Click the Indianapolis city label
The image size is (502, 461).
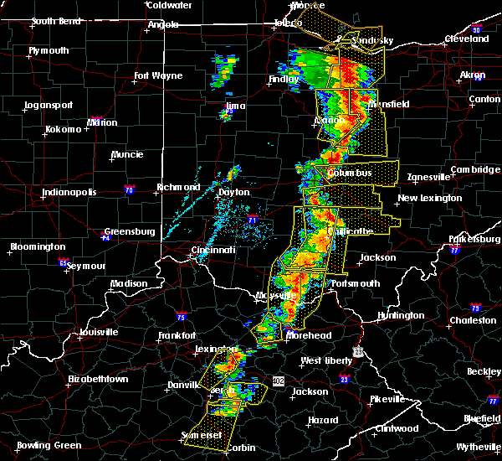(69, 192)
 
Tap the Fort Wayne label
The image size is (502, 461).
(158, 76)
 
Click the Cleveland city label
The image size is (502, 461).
(466, 39)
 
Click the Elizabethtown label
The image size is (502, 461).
(99, 379)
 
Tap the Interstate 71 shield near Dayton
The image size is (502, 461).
(254, 220)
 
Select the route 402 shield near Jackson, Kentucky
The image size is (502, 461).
(279, 381)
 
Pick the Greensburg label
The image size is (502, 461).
(132, 231)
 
